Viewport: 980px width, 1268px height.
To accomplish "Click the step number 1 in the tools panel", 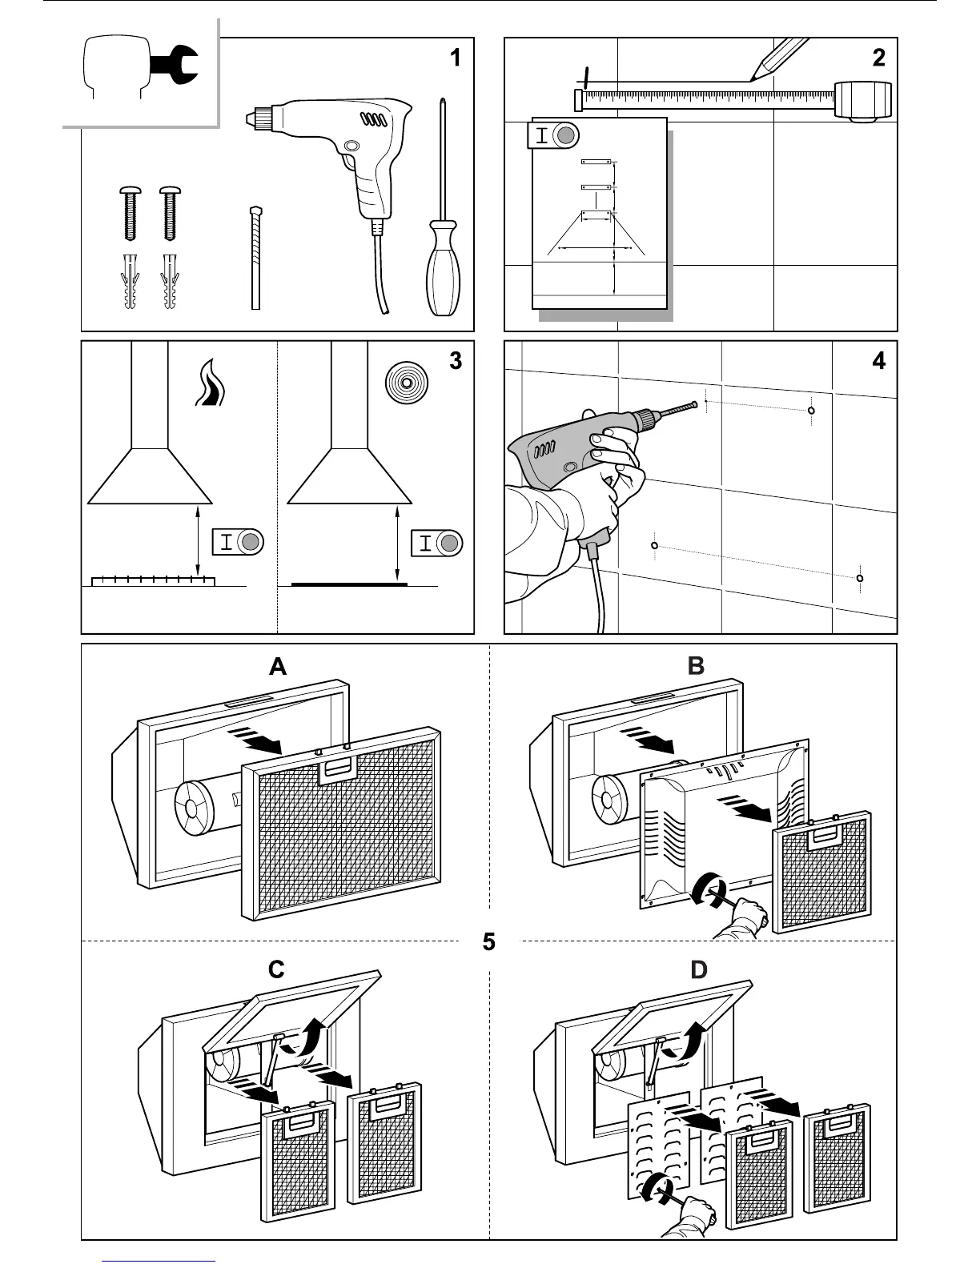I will click(x=456, y=58).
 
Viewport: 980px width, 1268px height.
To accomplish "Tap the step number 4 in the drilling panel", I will click(x=878, y=361).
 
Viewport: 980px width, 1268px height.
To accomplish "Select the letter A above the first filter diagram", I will click(x=278, y=667).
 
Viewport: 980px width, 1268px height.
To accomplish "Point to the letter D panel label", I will click(x=699, y=970).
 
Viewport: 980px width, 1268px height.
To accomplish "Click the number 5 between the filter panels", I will click(x=489, y=942).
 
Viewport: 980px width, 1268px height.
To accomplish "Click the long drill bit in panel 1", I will click(x=255, y=256).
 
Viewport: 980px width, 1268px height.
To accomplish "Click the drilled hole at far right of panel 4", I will click(x=860, y=578).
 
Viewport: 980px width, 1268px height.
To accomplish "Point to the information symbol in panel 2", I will click(x=553, y=135).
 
